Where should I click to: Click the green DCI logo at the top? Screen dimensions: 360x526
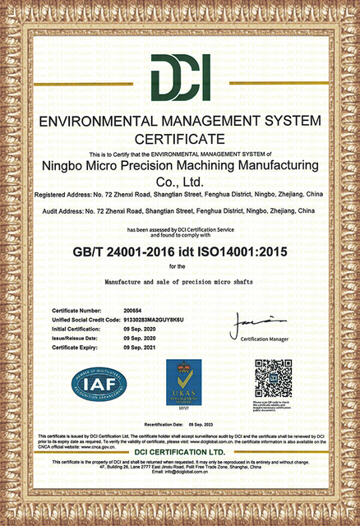180,78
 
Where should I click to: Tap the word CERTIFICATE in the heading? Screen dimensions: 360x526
180,137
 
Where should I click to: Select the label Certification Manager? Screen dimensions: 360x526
268,339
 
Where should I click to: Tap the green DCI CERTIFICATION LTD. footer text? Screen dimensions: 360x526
180,453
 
